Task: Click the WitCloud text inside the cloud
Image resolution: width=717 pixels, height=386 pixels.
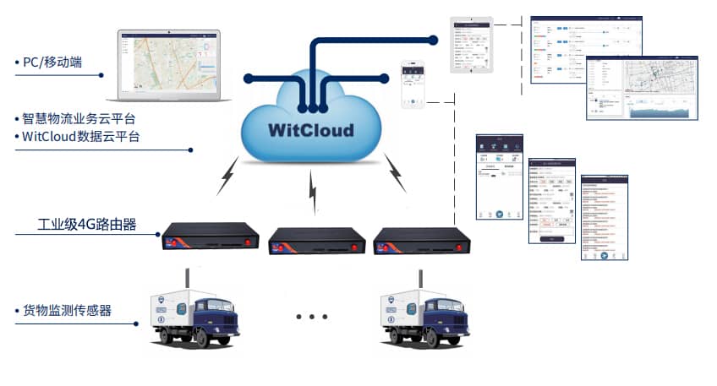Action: point(309,131)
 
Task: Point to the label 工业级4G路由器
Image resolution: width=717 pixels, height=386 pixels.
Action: point(87,225)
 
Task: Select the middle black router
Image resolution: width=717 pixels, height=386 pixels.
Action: point(314,242)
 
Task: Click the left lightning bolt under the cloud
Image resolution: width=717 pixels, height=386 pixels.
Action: point(227,176)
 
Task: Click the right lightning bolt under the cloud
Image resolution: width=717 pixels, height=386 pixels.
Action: point(395,174)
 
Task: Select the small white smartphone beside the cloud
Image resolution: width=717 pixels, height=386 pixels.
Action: point(412,85)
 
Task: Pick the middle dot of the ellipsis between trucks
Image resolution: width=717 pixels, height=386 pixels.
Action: point(312,318)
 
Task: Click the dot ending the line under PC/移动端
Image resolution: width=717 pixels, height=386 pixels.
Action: point(102,75)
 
